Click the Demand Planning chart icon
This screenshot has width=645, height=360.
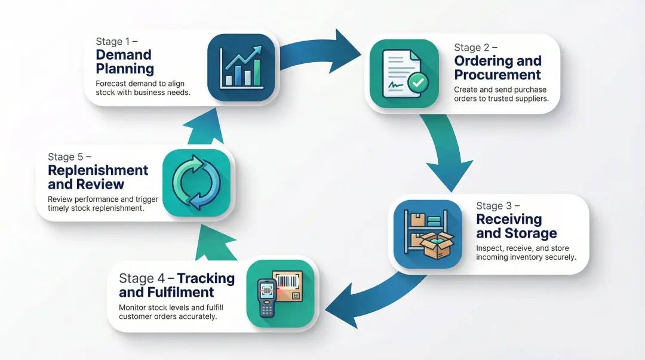pyautogui.click(x=241, y=67)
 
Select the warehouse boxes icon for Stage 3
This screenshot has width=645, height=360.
pyautogui.click(x=428, y=233)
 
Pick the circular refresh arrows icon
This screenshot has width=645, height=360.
pyautogui.click(x=196, y=183)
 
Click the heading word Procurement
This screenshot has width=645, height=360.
pyautogui.click(x=497, y=75)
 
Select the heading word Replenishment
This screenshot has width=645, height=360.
pyautogui.click(x=98, y=170)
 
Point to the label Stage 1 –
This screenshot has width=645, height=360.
pyautogui.click(x=117, y=42)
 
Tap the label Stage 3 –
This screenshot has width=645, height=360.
pyautogui.click(x=498, y=206)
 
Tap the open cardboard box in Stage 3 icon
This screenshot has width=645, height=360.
pyautogui.click(x=437, y=244)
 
